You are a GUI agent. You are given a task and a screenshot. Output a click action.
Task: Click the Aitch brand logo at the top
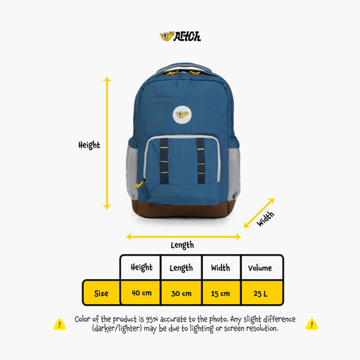181,37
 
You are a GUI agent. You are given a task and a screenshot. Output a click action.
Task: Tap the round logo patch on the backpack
182,115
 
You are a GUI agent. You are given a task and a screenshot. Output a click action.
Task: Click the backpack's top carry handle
184,67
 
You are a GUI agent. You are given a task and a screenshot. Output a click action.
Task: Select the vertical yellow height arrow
107,143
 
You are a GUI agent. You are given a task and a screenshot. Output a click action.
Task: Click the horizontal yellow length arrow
184,237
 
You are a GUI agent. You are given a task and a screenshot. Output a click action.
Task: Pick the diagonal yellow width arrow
259,213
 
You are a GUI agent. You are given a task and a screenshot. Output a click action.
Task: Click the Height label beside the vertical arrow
89,145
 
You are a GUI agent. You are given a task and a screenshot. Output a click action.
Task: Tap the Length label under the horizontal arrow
182,245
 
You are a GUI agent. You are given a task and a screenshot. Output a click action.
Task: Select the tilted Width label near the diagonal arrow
265,219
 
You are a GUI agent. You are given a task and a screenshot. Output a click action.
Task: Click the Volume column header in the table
260,267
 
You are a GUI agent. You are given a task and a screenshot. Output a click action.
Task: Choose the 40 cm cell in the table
141,293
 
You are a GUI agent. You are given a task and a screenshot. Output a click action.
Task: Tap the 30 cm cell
181,293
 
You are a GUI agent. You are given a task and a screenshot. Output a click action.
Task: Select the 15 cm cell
220,293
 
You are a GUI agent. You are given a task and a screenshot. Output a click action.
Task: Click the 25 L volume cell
260,293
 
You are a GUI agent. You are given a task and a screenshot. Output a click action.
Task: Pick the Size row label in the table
101,293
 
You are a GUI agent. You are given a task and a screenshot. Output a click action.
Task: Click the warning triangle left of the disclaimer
60,325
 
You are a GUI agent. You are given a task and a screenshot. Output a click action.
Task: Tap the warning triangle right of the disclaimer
312,325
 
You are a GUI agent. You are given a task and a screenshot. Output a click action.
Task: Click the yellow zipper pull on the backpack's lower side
140,184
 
